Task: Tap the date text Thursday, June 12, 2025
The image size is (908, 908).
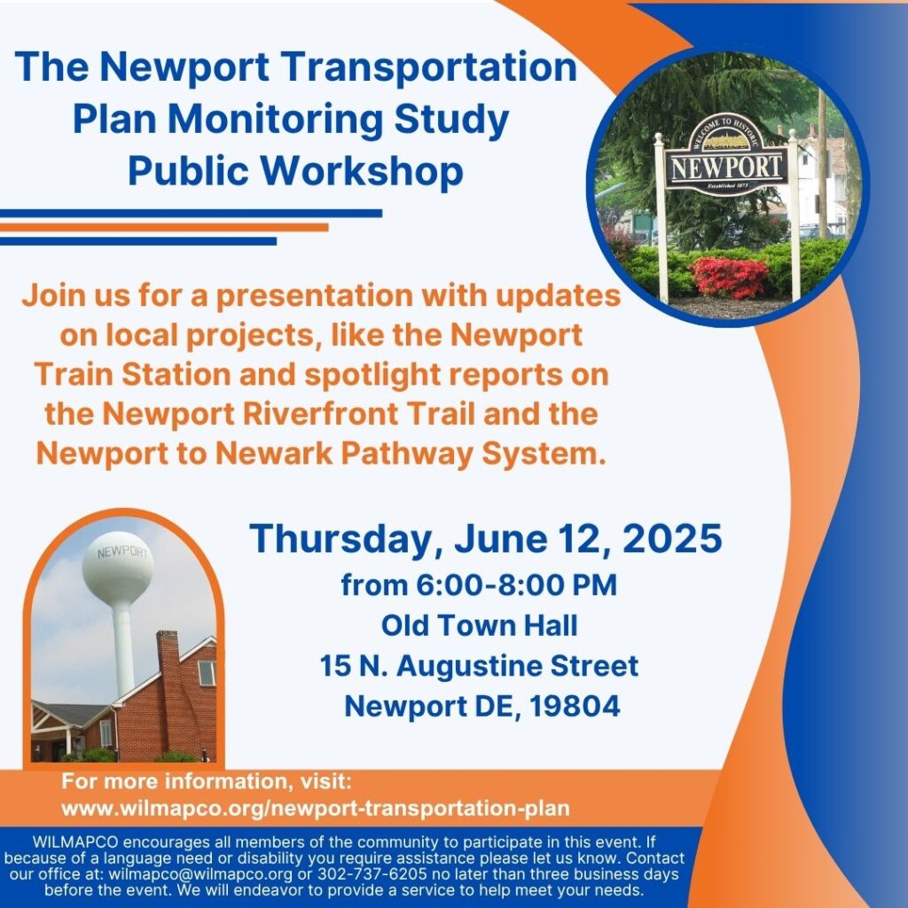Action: pos(486,538)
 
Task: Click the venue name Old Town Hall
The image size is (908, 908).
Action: pos(480,625)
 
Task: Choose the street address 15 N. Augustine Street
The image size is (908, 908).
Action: pos(480,666)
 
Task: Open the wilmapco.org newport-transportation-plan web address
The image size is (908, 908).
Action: pos(316,809)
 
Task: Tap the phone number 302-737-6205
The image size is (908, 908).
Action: pos(372,873)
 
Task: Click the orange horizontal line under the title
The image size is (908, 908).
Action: pos(164,228)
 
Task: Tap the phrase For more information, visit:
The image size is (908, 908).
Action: pos(207,781)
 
